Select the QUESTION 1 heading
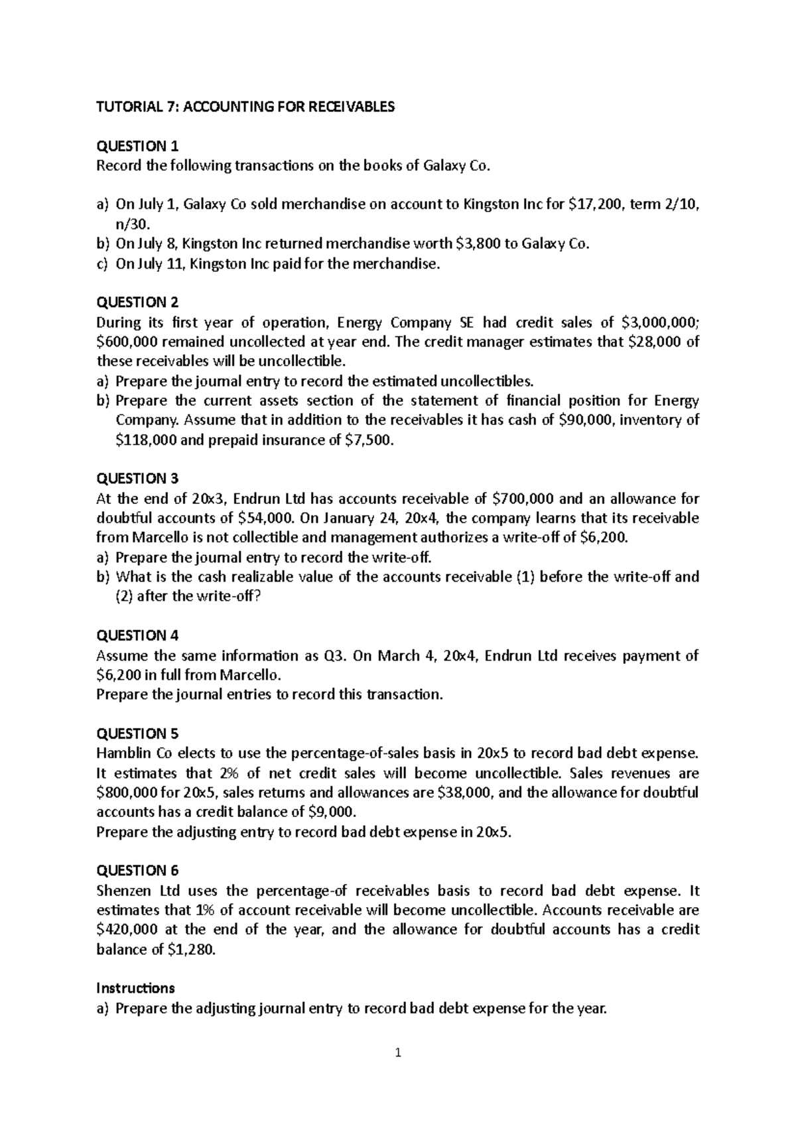point(137,146)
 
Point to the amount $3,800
point(480,244)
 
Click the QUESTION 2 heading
point(137,302)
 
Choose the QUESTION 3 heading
point(137,478)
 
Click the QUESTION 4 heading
point(137,635)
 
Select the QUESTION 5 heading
point(137,733)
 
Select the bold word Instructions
point(135,988)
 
